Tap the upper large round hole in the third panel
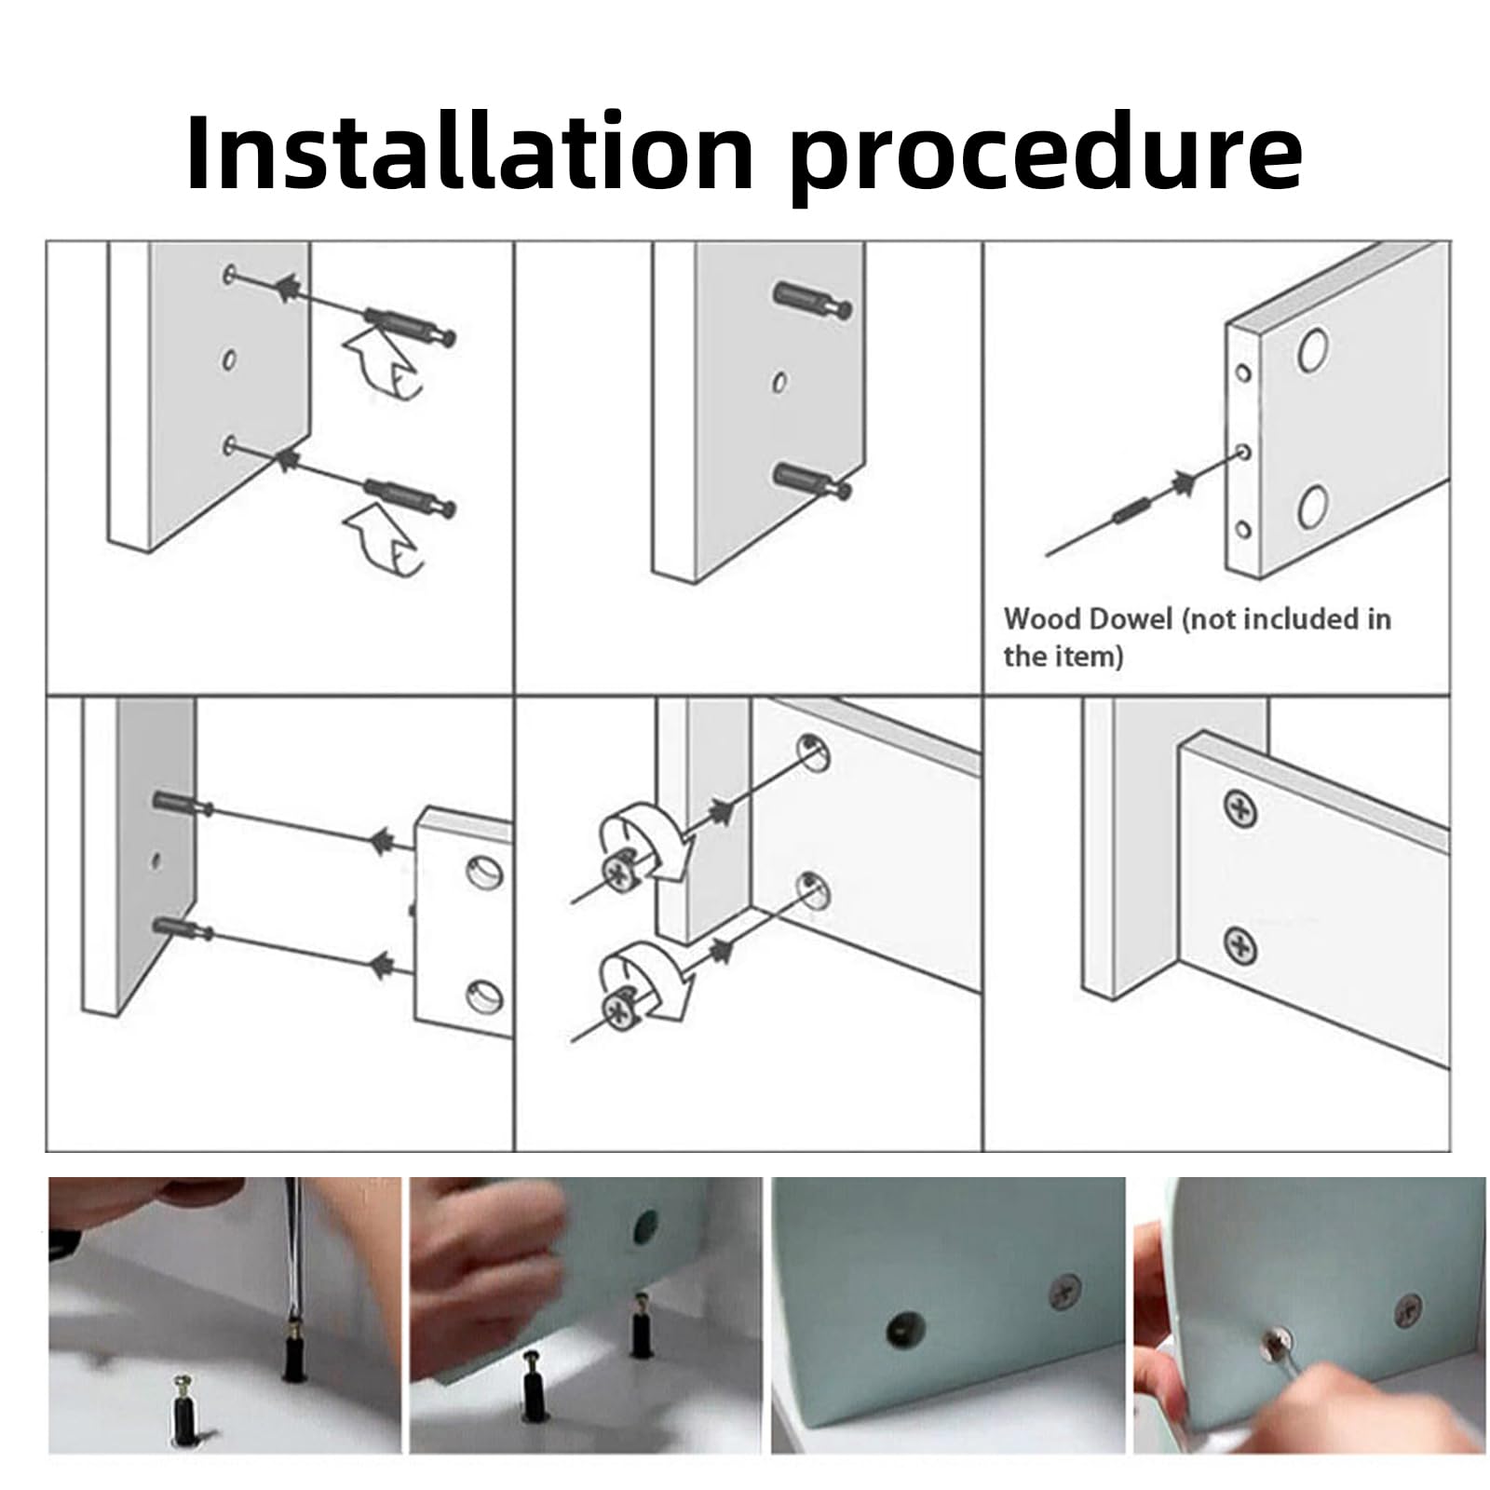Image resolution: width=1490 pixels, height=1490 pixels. pos(1313,350)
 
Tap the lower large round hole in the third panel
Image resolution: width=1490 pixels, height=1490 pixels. pos(1313,506)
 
